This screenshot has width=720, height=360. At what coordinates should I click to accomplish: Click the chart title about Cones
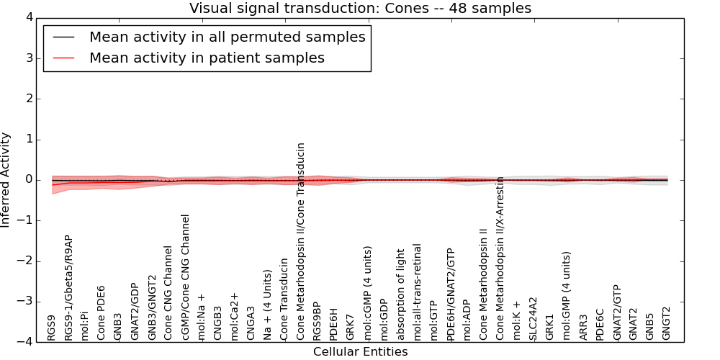360,8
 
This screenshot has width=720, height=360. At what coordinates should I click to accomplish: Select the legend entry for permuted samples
227,37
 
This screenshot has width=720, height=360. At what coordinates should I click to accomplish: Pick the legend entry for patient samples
207,58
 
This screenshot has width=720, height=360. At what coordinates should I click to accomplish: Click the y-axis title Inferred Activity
6,179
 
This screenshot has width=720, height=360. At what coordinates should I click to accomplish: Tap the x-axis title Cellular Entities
360,352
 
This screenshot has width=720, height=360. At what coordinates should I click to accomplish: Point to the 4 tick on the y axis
31,17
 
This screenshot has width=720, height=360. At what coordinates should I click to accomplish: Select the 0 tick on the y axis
31,180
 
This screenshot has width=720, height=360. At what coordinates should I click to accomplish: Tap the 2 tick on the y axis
31,99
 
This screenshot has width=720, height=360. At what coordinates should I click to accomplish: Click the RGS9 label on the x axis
51,328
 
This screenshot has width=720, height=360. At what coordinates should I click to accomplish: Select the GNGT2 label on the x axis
667,323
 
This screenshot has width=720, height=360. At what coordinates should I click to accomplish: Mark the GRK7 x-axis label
350,327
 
